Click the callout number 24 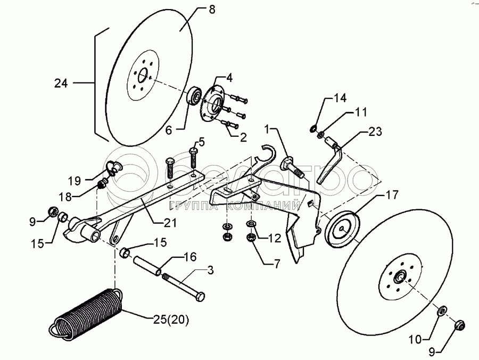coord(62,83)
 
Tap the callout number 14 coord(340,98)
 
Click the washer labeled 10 coord(442,310)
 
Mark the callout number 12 coord(275,239)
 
